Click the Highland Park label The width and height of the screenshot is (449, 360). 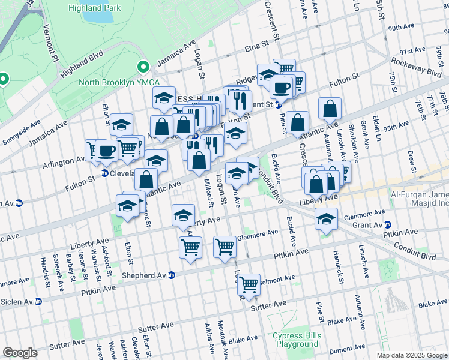pos(95,8)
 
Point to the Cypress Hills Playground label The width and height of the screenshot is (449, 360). pos(296,340)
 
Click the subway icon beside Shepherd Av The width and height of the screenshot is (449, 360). pos(172,275)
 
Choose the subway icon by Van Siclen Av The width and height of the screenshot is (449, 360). pos(38,301)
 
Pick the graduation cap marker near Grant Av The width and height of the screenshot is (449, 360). pos(327,220)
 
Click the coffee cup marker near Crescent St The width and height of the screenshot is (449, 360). pos(281,88)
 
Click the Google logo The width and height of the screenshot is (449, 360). pos(20,353)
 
